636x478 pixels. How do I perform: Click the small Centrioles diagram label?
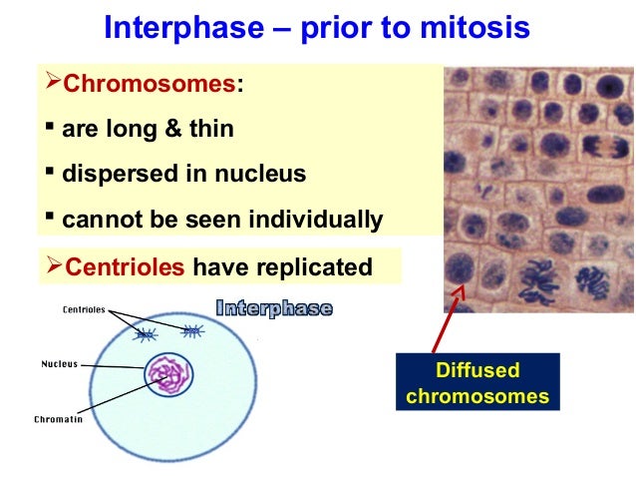84,309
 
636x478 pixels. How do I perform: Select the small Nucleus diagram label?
59,363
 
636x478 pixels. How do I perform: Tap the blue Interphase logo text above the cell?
273,308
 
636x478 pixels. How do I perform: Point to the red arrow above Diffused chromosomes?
448,319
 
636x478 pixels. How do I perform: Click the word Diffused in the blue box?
477,371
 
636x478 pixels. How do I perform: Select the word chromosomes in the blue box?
477,396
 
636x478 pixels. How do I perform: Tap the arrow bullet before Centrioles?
53,266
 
